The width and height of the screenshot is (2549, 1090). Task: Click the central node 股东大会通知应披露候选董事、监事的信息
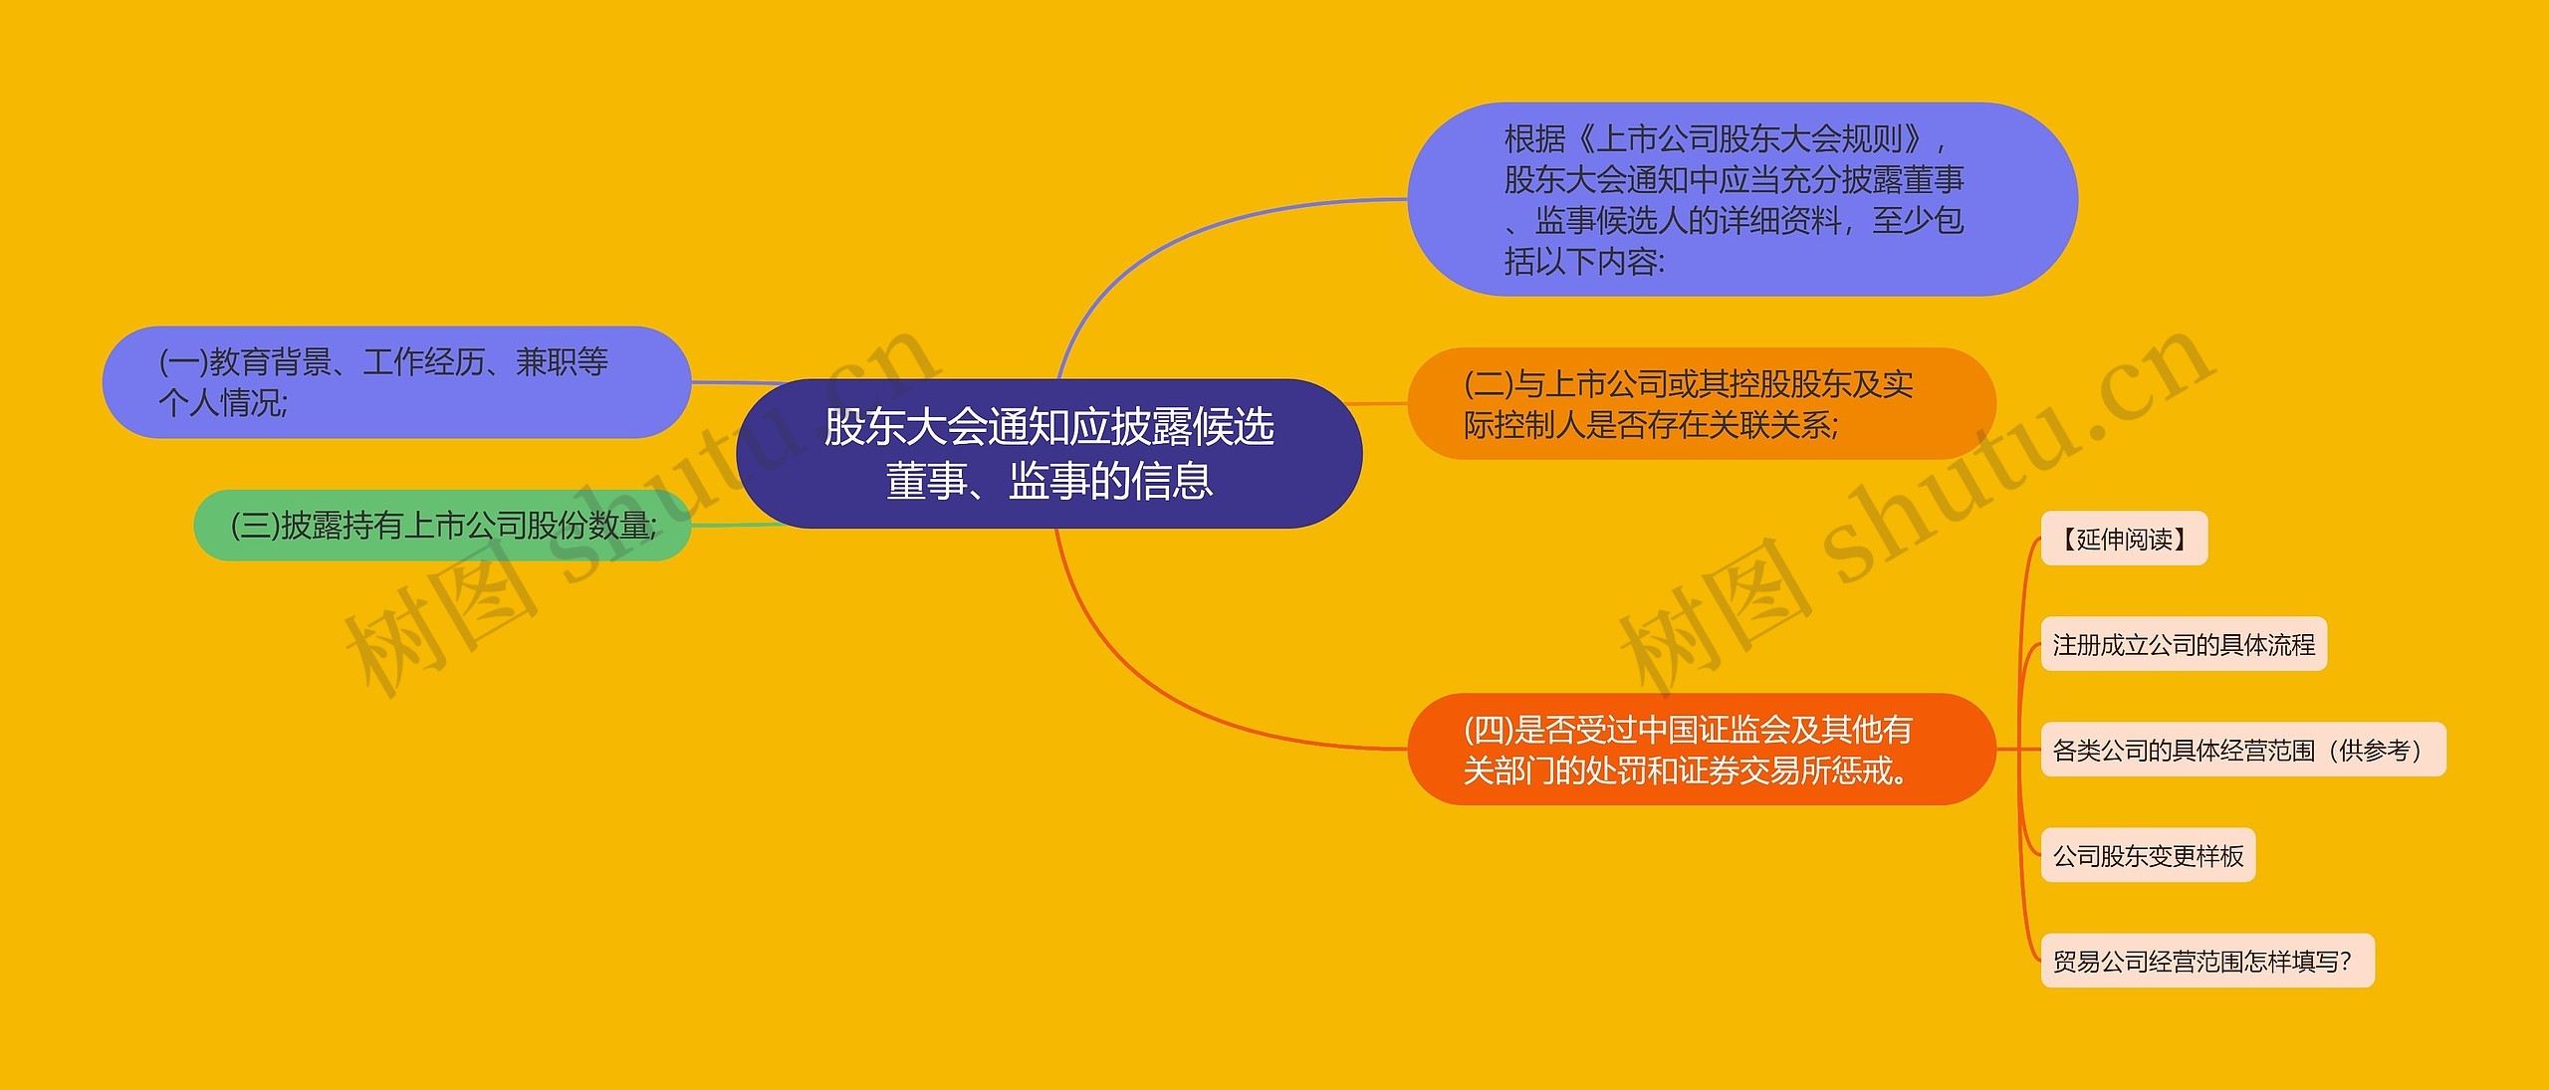(x=1048, y=454)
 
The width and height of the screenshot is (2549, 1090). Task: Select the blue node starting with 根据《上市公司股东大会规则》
(x=1742, y=199)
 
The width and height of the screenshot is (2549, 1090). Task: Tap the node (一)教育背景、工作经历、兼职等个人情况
(x=396, y=382)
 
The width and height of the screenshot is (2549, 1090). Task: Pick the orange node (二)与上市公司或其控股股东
(x=1702, y=404)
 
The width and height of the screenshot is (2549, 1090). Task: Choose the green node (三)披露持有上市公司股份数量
(x=442, y=525)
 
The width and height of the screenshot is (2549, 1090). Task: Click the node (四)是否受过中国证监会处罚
(x=1702, y=750)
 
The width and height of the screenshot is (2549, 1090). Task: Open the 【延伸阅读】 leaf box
(x=2124, y=539)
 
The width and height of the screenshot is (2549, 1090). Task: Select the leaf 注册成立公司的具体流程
(x=2184, y=644)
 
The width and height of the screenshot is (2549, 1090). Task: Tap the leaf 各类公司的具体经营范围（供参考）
(x=2243, y=750)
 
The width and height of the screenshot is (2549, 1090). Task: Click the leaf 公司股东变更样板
(x=2148, y=855)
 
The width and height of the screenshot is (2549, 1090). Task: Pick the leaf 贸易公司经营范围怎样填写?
(x=2207, y=961)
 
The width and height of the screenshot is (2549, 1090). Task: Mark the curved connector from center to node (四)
(x=1175, y=687)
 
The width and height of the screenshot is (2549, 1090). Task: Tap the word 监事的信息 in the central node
(x=1110, y=482)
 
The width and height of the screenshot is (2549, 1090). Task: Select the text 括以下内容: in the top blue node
(x=1584, y=262)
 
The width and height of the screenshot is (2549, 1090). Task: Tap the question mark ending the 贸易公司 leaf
(x=2345, y=962)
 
